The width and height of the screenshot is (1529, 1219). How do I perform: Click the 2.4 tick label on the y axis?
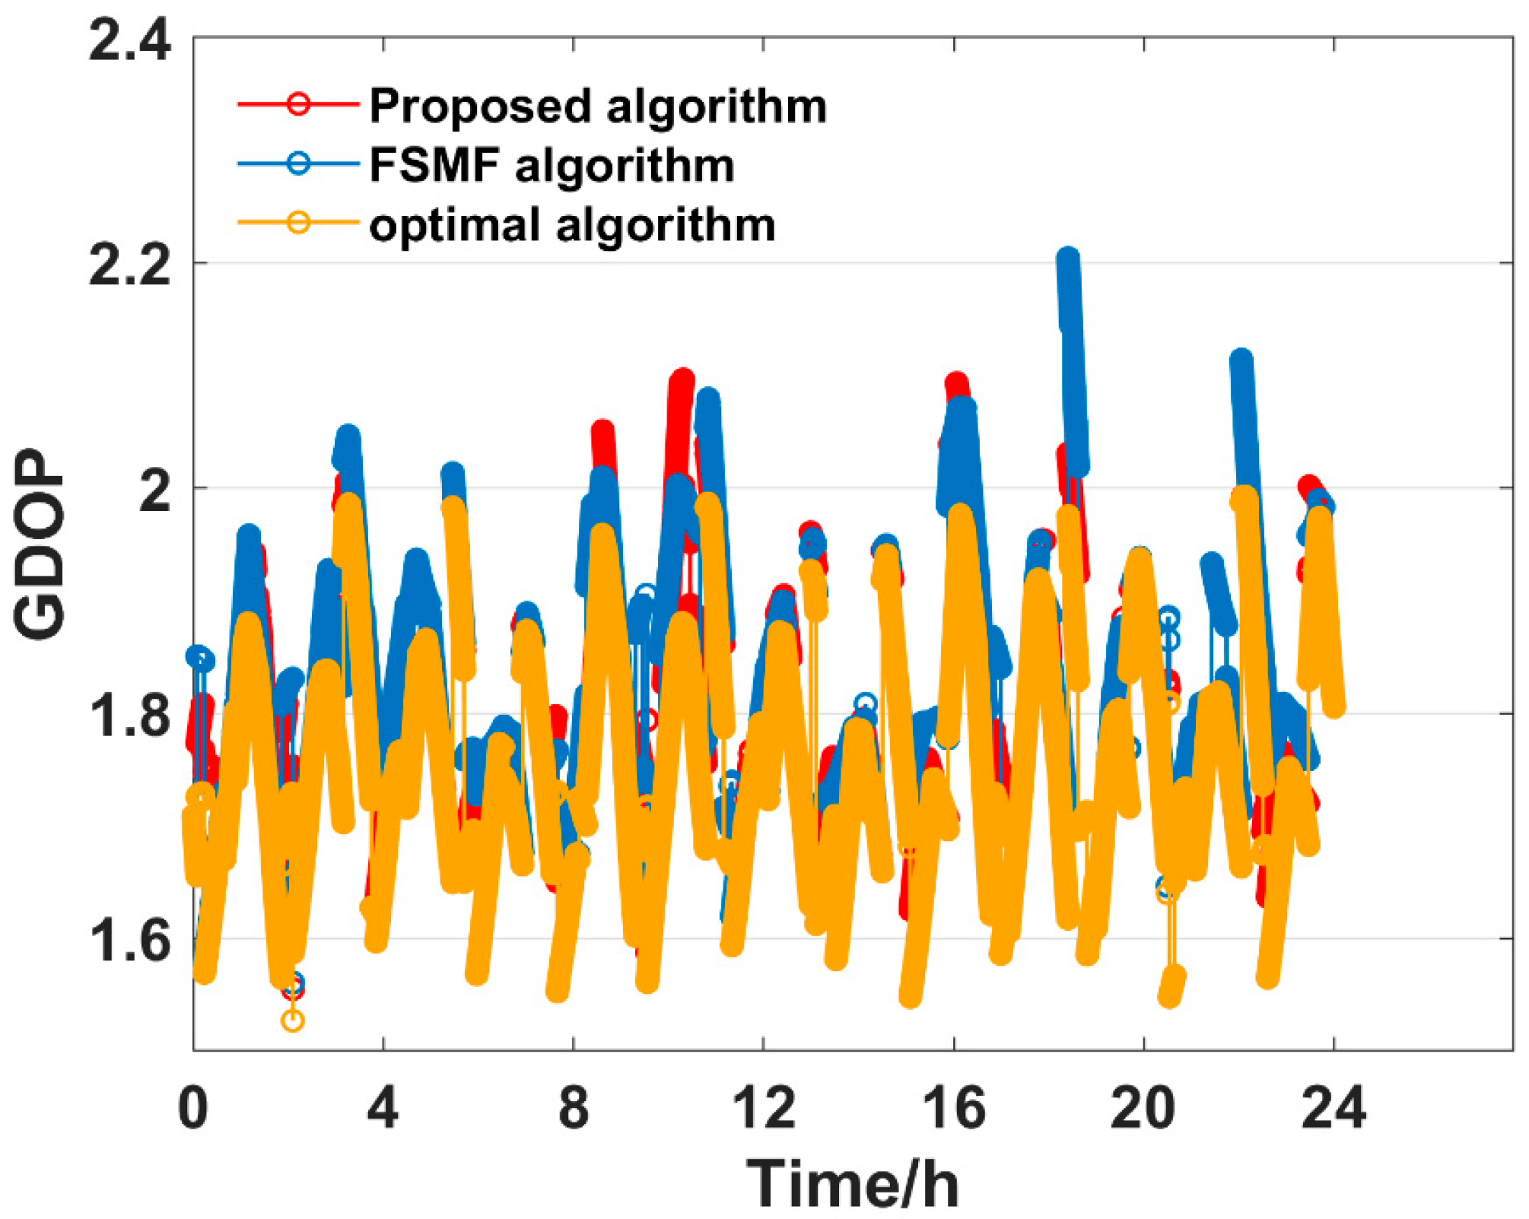[x=129, y=41]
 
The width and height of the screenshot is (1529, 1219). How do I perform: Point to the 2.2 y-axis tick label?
[x=129, y=266]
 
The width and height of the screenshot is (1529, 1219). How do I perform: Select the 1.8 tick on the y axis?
[x=129, y=716]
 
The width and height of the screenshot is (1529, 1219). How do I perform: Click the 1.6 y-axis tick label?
[x=129, y=941]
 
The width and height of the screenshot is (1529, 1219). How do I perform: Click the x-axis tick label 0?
[x=193, y=1108]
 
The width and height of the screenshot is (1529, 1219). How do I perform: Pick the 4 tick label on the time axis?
[x=383, y=1108]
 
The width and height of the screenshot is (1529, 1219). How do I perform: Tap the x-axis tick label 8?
[x=573, y=1108]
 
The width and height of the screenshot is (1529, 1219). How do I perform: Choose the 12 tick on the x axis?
[x=763, y=1108]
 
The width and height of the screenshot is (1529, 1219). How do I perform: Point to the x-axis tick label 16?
[x=953, y=1108]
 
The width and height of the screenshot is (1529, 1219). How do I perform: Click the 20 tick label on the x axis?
[x=1143, y=1108]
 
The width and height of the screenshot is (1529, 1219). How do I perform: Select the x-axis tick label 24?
[x=1333, y=1108]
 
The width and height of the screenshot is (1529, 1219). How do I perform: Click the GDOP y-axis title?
[x=40, y=544]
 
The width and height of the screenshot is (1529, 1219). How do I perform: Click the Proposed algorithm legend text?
[x=597, y=106]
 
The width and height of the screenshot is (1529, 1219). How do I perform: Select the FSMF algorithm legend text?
[x=552, y=165]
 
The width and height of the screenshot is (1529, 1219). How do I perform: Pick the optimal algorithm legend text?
[x=572, y=225]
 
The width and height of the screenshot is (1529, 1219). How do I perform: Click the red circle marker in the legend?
[x=299, y=103]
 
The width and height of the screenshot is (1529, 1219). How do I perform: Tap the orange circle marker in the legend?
[x=299, y=223]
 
